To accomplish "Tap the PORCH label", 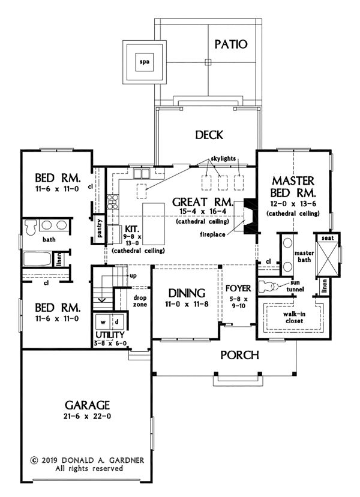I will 239,356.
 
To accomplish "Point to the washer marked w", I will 103,320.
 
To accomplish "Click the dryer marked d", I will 118,320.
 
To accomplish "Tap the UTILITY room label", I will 110,334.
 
